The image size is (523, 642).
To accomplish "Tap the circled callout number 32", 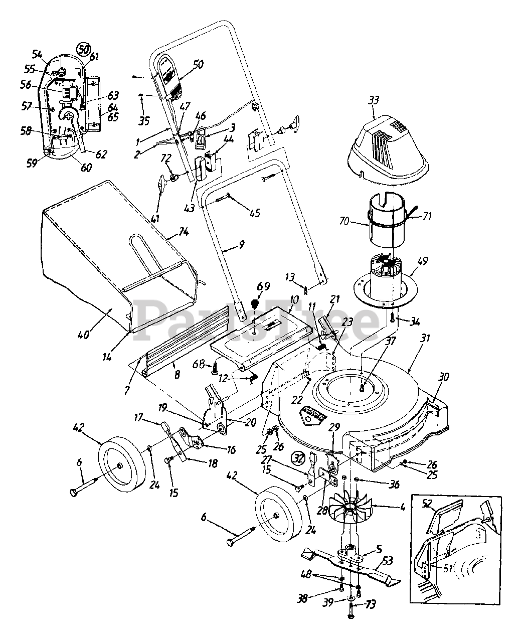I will [x=297, y=458].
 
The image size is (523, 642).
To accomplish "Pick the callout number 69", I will [x=263, y=286].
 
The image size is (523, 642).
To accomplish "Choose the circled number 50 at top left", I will [x=83, y=49].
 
